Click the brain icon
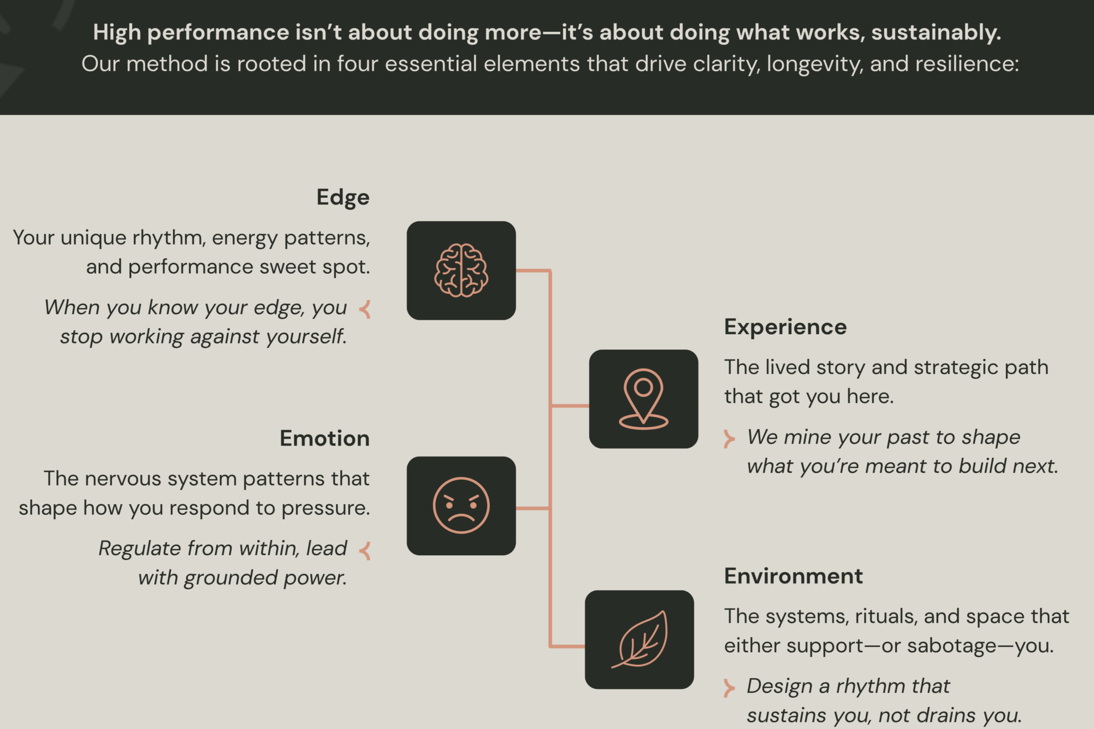coord(461,270)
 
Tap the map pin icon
coord(643,399)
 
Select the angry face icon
coord(461,505)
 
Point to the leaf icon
coord(640,640)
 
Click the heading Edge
coord(342,197)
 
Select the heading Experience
coord(785,327)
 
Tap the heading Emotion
coord(325,438)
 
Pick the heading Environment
coord(793,576)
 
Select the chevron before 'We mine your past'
coord(729,438)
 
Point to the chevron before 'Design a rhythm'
coord(729,687)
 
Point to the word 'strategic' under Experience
coord(956,368)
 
